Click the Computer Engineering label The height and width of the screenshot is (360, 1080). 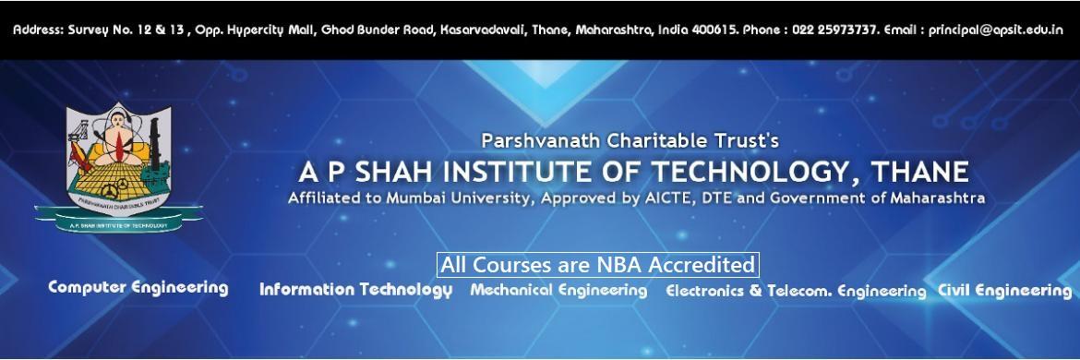[x=138, y=287]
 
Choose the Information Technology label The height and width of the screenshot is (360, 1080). [x=355, y=290]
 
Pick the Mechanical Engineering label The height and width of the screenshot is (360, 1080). [x=558, y=290]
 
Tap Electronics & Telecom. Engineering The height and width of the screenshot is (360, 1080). [x=795, y=291]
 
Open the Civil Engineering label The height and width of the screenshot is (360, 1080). [x=1004, y=290]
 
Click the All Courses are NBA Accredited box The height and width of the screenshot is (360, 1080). [x=597, y=265]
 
